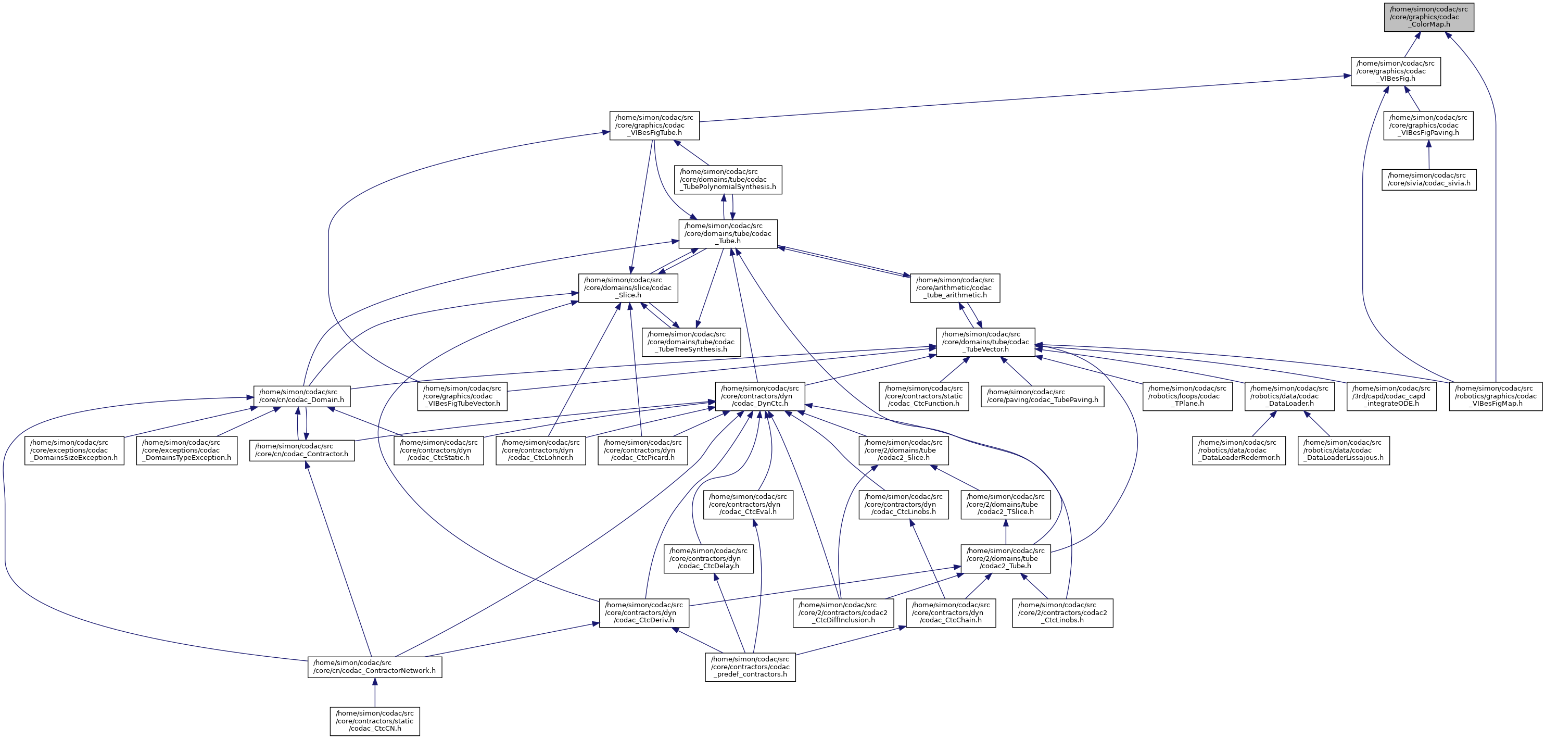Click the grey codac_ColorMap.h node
point(1428,17)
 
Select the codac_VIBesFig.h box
point(1395,71)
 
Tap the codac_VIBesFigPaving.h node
point(1428,126)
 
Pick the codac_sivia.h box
point(1428,179)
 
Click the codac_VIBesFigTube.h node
point(654,126)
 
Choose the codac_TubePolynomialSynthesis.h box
point(728,179)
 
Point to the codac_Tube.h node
point(728,233)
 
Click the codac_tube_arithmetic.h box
point(954,288)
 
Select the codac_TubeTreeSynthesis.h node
point(690,342)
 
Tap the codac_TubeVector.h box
point(985,342)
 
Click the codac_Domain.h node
point(302,396)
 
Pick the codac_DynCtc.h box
point(760,396)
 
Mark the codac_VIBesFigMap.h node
point(1495,396)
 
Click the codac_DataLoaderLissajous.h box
point(1344,450)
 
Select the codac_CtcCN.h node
point(374,721)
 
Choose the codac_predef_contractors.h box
point(750,667)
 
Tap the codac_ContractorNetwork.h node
point(374,667)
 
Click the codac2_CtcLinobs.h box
point(1062,612)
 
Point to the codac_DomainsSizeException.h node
point(74,450)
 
